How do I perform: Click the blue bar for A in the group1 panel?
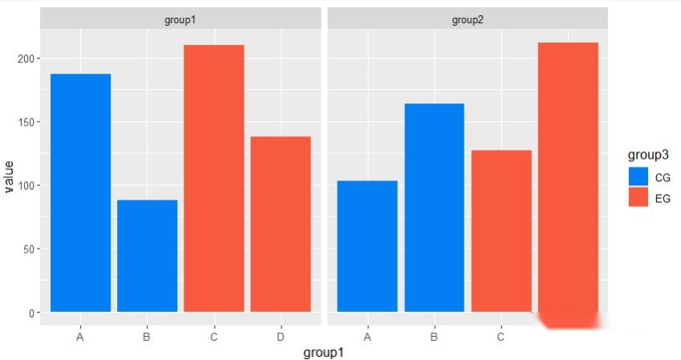80,192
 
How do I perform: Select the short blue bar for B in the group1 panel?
147,256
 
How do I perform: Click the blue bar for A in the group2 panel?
367,246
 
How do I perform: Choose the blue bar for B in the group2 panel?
434,208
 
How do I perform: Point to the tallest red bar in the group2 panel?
568,176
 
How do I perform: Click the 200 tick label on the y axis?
26,59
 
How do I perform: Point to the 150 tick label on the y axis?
26,122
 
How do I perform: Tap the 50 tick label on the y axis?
28,249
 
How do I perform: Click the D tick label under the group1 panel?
280,337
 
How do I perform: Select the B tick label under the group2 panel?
434,337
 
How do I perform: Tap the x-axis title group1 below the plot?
323,352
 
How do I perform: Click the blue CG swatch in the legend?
638,176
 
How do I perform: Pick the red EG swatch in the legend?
638,197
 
